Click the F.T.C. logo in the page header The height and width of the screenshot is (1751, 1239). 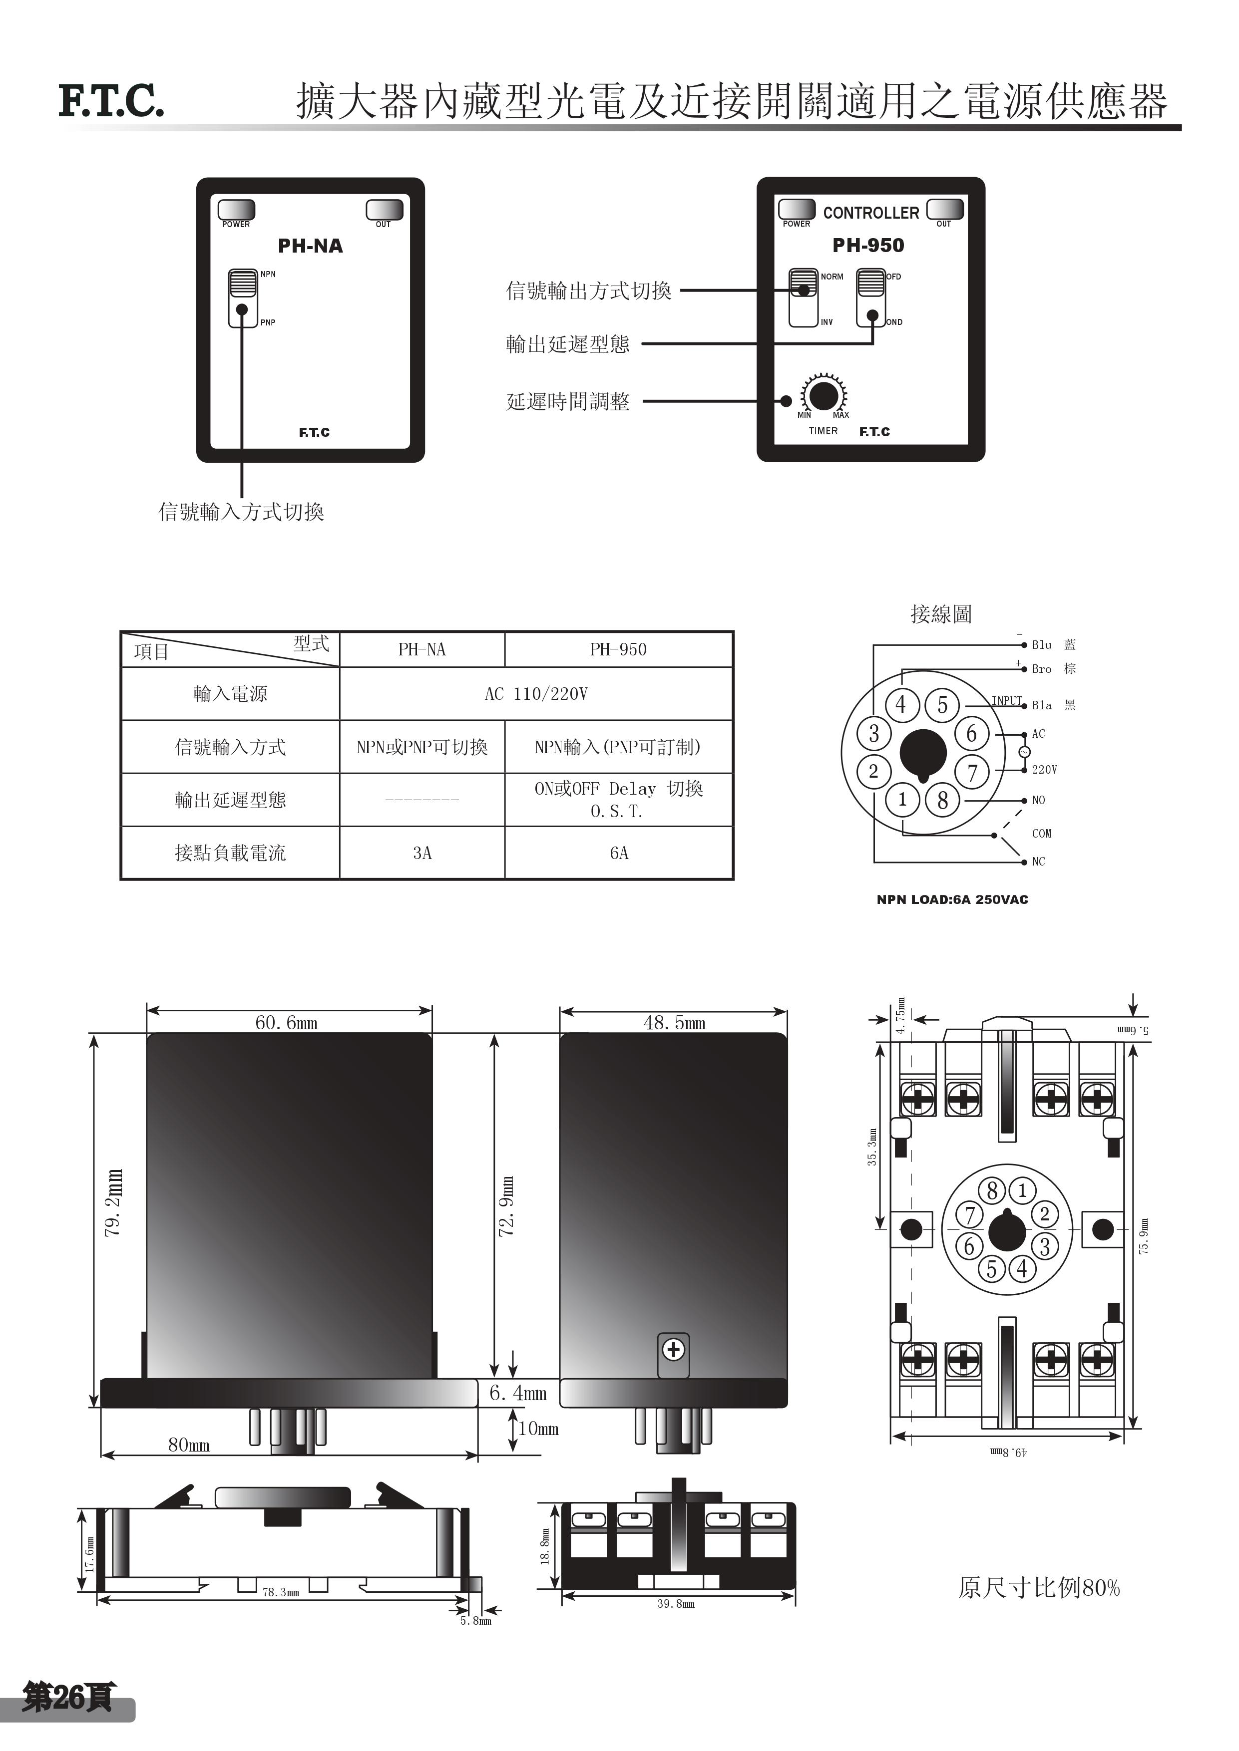[x=111, y=101]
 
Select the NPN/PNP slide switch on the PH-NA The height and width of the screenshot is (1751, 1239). [x=243, y=298]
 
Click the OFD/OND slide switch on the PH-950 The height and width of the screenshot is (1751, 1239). [x=870, y=297]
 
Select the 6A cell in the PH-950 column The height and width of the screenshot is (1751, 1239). [x=619, y=853]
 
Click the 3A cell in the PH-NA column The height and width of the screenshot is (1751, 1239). [x=422, y=853]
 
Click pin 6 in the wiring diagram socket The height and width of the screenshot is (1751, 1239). [x=971, y=734]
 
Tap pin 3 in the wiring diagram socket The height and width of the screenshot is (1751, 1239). [x=873, y=734]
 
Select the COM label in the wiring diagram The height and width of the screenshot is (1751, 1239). [x=1041, y=834]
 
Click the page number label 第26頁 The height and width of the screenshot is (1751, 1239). [x=68, y=1697]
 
